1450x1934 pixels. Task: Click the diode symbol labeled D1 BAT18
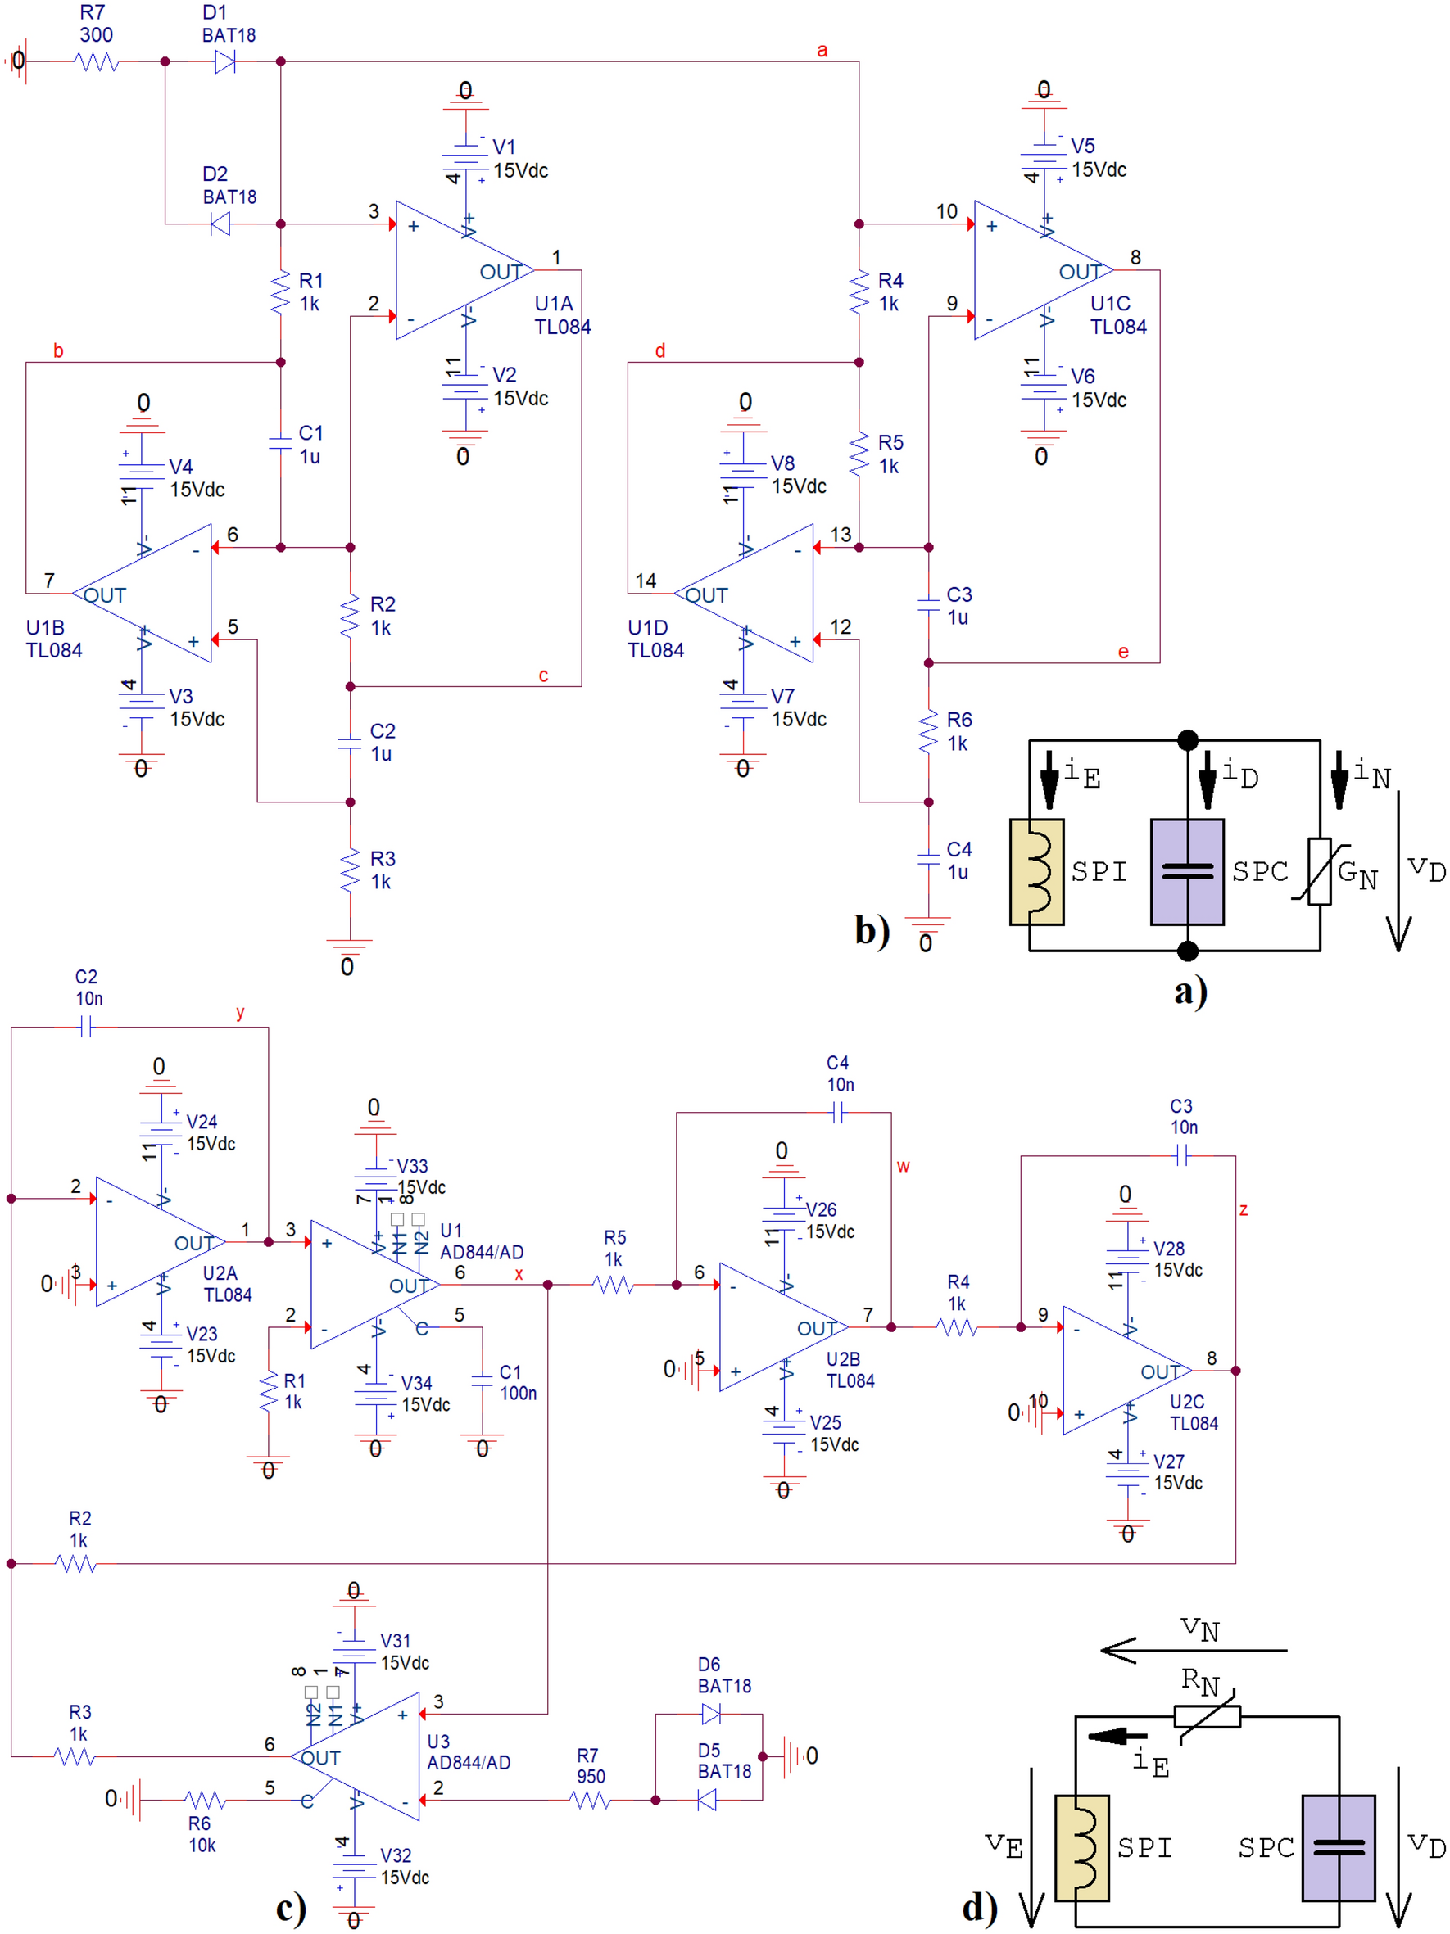pos(224,61)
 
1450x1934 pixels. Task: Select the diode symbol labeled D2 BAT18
pos(220,224)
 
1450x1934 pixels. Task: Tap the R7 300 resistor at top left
pos(96,61)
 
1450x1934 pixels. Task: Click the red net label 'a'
pos(821,50)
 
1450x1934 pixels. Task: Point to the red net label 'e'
pos(1122,652)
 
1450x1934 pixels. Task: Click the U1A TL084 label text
pos(561,314)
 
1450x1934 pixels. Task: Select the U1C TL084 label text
pos(1117,314)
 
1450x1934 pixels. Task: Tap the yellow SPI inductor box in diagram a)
pos(1036,872)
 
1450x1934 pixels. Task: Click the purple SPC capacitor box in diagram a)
pos(1186,872)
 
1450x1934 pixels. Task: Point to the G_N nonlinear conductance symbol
pos(1319,872)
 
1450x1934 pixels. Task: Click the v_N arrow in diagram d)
pos(1193,1650)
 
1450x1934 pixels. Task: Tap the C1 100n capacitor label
pos(517,1382)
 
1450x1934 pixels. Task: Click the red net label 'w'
pos(903,1165)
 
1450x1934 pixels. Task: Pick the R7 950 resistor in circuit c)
pos(590,1800)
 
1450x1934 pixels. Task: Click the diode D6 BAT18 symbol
pos(710,1714)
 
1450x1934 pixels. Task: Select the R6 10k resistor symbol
pos(205,1800)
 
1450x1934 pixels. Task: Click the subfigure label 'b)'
pos(872,929)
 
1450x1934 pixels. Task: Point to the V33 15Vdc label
pos(419,1176)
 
